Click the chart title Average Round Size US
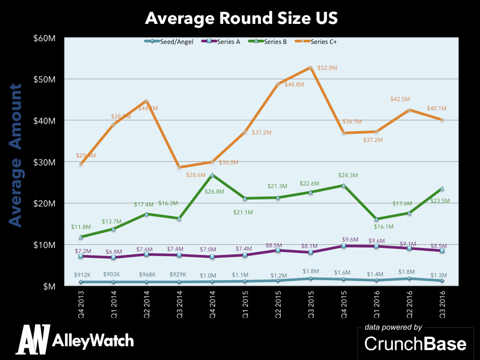241,18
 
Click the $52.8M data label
327,68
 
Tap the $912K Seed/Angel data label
82,275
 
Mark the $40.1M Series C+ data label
436,108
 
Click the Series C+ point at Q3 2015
311,67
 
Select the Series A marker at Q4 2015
344,246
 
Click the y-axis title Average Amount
17,156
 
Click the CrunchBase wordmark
415,344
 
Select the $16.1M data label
384,227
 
